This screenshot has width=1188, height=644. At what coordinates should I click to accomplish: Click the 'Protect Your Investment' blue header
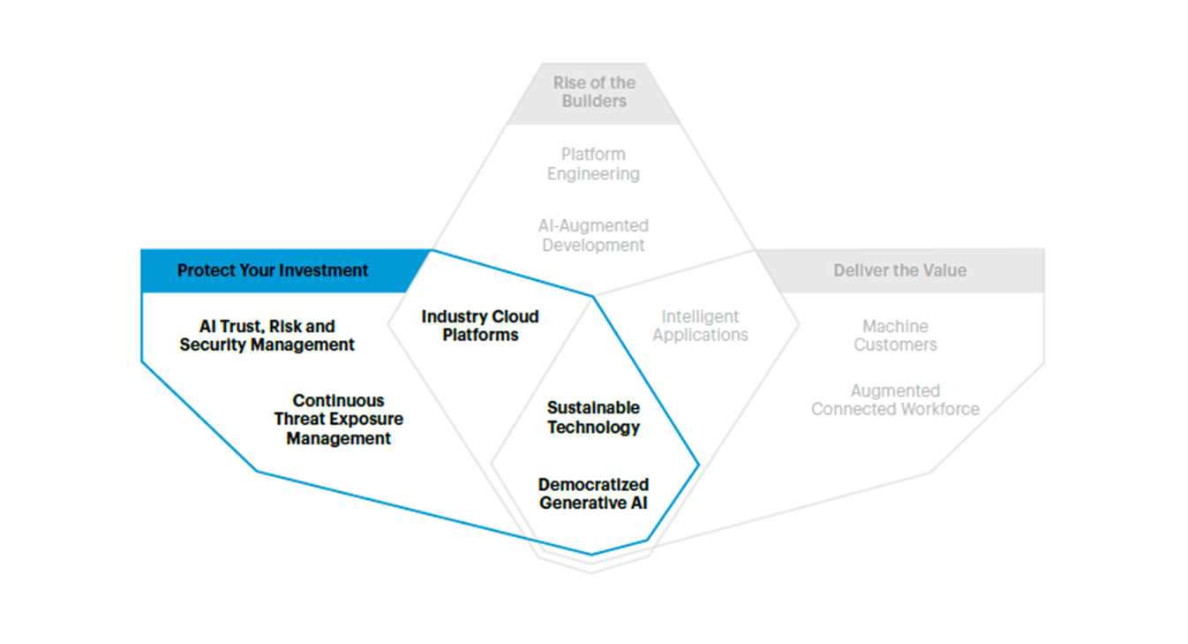(x=273, y=270)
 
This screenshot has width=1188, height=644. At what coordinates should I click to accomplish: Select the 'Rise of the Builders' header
(x=594, y=92)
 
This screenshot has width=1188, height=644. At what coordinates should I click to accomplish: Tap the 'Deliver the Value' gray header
(x=899, y=270)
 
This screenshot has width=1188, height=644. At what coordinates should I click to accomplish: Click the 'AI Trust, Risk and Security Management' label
(x=267, y=336)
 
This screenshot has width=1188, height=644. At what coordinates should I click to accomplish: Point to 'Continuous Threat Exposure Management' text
(x=338, y=420)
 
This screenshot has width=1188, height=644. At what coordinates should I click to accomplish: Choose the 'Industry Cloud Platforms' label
(x=480, y=326)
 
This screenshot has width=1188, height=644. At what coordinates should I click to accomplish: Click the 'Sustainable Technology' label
(x=593, y=418)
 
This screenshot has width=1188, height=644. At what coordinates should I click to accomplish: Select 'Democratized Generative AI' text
(x=593, y=494)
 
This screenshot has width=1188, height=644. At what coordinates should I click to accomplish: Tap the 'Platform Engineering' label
(x=593, y=164)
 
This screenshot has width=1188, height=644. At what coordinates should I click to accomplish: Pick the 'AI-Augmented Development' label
(x=593, y=236)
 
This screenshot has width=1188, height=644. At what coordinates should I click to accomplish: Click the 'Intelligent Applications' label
(x=700, y=326)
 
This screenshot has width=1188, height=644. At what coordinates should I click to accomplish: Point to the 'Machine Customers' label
(x=895, y=336)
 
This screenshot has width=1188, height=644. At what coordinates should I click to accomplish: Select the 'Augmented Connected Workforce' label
(x=895, y=400)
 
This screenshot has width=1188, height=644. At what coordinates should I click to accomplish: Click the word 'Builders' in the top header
(x=594, y=102)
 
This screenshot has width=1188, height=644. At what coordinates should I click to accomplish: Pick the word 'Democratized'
(x=593, y=485)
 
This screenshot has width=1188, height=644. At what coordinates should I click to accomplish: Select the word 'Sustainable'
(x=593, y=408)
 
